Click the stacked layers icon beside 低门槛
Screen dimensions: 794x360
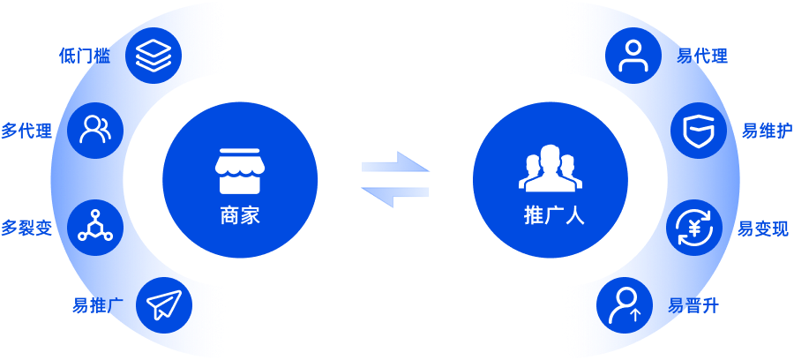tap(154, 56)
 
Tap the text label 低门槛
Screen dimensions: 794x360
tap(85, 56)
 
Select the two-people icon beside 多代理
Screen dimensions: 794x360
tap(95, 130)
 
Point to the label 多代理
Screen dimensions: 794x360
tap(26, 131)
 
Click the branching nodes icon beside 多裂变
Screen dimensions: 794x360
tap(95, 228)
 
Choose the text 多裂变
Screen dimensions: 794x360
tap(26, 229)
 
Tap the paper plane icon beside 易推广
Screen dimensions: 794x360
tap(164, 304)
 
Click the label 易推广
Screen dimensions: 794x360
tap(98, 305)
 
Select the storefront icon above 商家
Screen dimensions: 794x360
tap(240, 170)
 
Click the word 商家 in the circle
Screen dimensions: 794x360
tap(240, 215)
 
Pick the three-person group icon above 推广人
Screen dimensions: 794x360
tap(551, 169)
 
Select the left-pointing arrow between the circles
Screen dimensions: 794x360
tap(395, 197)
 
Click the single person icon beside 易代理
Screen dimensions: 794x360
tap(633, 56)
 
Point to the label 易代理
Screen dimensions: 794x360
tap(702, 56)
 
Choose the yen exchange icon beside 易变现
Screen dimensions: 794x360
tap(694, 228)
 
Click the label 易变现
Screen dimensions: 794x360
tap(763, 229)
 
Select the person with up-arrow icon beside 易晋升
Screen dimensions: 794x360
tap(625, 304)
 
